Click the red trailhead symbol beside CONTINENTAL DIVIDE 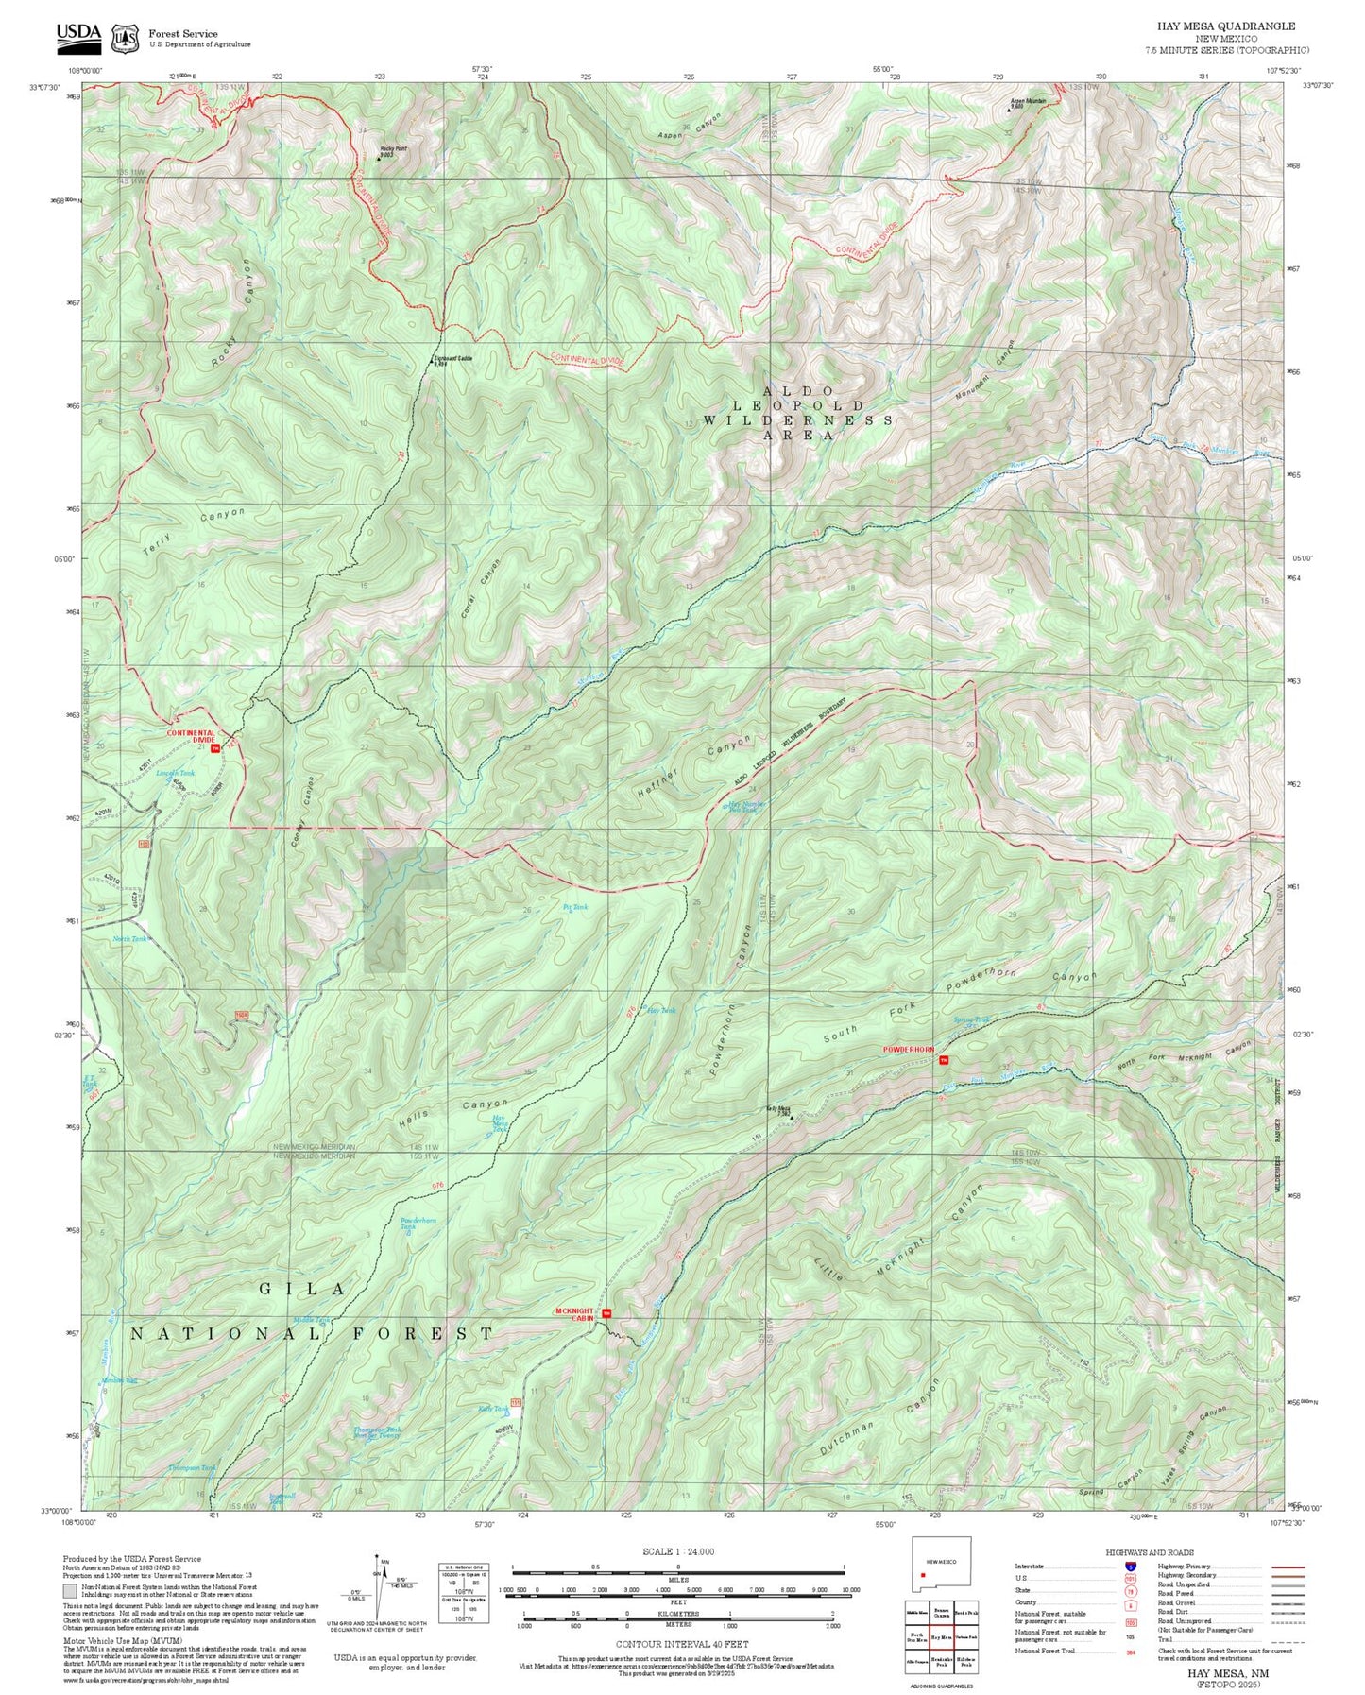point(215,748)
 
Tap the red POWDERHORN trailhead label point(908,1051)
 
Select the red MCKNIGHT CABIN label point(575,1313)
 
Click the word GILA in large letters point(302,1289)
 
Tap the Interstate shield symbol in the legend point(1131,1567)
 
